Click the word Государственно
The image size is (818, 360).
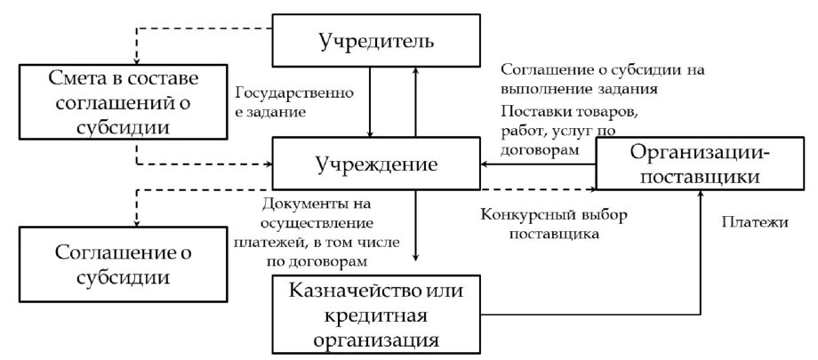[x=295, y=92]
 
